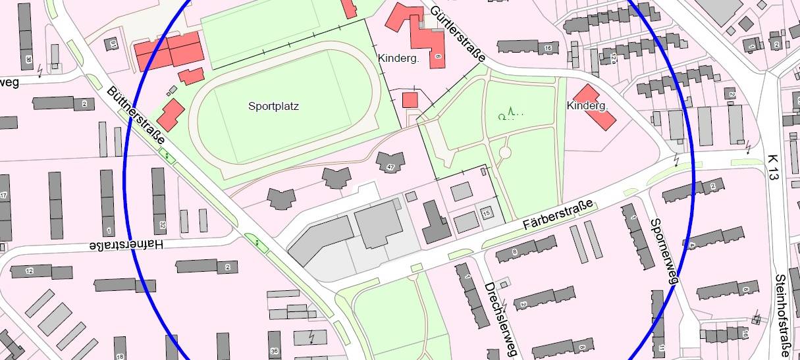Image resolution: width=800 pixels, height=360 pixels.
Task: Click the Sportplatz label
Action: click(273, 106)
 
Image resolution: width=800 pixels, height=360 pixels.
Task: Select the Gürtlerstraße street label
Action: click(458, 34)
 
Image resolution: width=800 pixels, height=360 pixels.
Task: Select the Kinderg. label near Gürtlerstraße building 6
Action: click(398, 58)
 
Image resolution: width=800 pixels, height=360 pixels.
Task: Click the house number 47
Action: click(390, 167)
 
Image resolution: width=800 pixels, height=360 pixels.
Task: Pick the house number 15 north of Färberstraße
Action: click(487, 212)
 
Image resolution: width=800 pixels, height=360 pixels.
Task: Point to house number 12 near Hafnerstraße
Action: click(30, 271)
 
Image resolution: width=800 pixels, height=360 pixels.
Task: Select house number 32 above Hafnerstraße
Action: click(161, 224)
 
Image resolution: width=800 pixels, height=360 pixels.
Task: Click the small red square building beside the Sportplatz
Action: click(410, 100)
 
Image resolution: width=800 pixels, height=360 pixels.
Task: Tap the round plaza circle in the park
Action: click(505, 153)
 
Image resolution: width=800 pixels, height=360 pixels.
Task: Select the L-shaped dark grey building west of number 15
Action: click(435, 224)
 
